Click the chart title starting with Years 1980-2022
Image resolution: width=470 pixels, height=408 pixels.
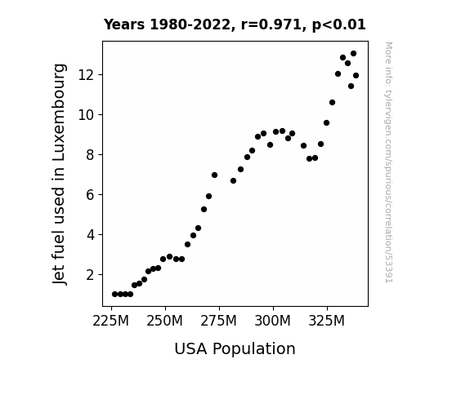(235, 24)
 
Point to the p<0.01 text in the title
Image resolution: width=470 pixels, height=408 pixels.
(339, 24)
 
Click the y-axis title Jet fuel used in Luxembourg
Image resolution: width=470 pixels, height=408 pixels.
(59, 174)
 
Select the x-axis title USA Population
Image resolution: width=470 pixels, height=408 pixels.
(235, 348)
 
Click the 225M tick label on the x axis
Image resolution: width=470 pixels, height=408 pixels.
(110, 322)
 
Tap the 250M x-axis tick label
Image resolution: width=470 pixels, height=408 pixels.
(164, 322)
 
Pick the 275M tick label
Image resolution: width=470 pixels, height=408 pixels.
(218, 322)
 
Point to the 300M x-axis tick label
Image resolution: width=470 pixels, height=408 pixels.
(272, 322)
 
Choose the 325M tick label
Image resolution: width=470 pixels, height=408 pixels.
(326, 322)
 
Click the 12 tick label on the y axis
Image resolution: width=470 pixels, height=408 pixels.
(87, 74)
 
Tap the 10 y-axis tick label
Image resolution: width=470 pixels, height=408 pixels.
(87, 114)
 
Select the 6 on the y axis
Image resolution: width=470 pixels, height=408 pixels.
(91, 195)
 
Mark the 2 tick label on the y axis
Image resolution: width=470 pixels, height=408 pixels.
(91, 275)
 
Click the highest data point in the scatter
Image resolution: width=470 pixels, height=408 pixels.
(353, 54)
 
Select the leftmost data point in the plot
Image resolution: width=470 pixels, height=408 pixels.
(114, 295)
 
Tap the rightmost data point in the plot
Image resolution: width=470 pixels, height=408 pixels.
(356, 75)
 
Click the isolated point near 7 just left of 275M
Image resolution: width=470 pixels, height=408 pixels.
(214, 175)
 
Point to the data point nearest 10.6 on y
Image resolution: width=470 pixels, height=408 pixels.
(332, 102)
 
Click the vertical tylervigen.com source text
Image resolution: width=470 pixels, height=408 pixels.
(389, 162)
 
